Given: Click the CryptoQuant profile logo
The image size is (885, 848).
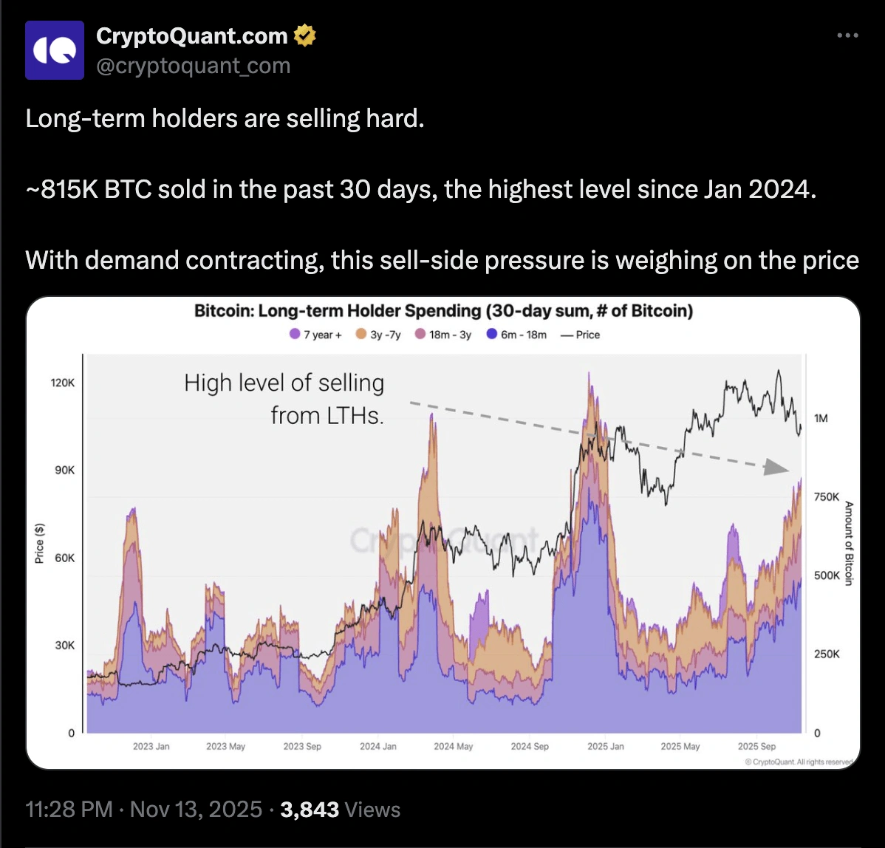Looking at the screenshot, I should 55,49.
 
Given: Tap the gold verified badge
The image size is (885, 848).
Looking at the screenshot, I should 305,35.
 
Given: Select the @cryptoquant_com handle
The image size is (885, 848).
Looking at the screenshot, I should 194,66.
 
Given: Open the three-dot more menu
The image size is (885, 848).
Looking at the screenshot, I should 847,35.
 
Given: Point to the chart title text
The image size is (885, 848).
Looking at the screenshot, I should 443,311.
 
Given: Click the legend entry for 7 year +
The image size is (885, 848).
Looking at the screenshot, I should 316,335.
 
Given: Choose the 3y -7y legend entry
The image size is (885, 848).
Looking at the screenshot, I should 380,335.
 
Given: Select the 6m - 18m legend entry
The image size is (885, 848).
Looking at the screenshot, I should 517,335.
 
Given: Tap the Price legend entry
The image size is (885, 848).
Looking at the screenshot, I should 581,335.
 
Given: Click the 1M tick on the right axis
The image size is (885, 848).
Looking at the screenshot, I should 820,418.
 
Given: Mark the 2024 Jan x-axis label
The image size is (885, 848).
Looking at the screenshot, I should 378,746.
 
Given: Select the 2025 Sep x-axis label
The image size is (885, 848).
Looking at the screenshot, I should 757,746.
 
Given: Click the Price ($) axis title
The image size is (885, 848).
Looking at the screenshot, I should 40,543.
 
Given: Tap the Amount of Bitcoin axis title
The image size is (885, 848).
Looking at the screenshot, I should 849,543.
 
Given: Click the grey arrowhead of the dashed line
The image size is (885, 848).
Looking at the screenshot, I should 776,467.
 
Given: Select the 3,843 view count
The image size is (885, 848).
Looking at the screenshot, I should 310,809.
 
